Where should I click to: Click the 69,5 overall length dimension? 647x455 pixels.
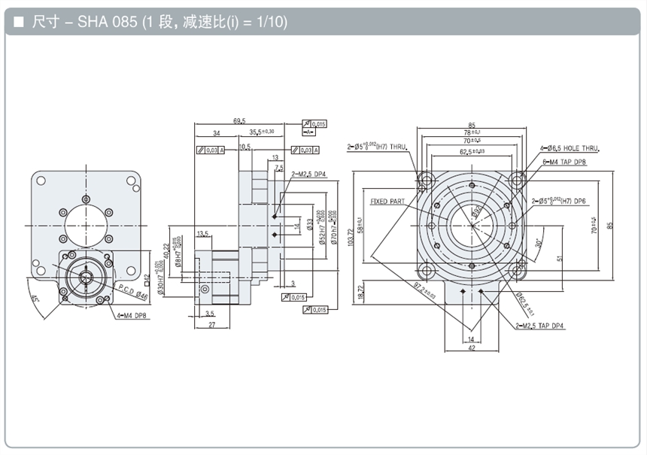pos(240,120)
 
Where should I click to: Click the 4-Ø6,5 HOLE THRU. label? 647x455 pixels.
pos(576,150)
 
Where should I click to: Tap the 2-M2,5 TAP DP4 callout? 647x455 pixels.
pos(540,325)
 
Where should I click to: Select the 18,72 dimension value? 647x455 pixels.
pos(362,291)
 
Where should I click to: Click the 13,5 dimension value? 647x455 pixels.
pos(202,234)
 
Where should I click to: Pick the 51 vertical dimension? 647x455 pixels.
pos(560,260)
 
